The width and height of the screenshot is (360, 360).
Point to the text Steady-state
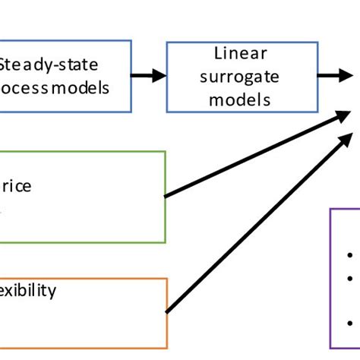53,64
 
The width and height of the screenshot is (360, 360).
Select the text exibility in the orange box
28,291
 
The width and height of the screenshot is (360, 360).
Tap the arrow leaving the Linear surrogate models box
334,75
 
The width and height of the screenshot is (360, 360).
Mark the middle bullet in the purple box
349,278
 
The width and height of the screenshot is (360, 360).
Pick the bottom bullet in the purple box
349,320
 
